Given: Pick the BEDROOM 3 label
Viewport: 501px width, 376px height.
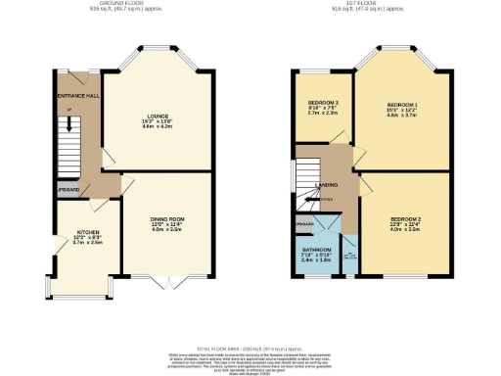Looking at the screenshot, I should pos(323,103).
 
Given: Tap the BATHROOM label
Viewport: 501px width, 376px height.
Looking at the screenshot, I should pos(317,250).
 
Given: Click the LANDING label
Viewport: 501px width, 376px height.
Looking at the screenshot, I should pos(327,185).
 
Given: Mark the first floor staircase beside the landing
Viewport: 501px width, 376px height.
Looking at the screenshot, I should pos(301,182).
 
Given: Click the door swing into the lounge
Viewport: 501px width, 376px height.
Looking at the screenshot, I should pos(111,161).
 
